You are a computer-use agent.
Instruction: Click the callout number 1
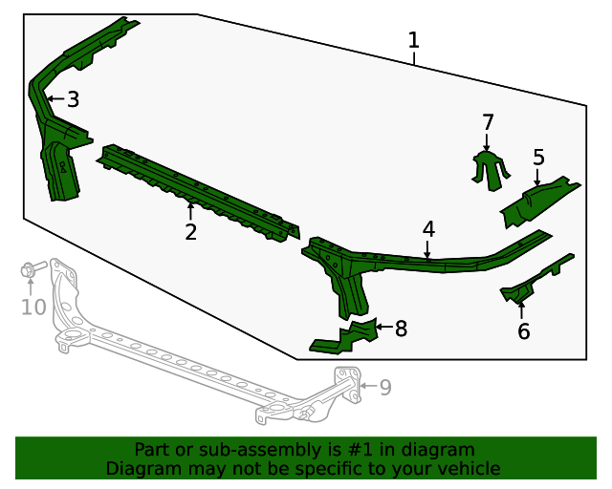point(414,40)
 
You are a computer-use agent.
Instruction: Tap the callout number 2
point(190,232)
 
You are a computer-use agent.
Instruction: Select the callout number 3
point(74,99)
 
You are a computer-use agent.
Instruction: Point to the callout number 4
point(428,229)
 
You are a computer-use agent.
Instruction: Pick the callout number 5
point(538,158)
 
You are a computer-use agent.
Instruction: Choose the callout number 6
point(524,331)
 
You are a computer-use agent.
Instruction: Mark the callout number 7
point(488,122)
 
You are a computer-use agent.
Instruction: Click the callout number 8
point(401,329)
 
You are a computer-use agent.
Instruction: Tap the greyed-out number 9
point(385,387)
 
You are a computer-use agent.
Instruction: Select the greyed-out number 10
point(33,307)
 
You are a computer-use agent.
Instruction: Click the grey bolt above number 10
point(33,268)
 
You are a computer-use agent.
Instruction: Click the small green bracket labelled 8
point(344,336)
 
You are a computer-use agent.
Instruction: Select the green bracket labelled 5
point(540,201)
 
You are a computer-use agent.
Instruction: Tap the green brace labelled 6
point(536,279)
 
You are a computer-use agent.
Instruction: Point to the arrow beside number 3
point(55,99)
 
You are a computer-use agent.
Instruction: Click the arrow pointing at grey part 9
point(368,386)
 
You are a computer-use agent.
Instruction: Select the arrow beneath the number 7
point(487,142)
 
